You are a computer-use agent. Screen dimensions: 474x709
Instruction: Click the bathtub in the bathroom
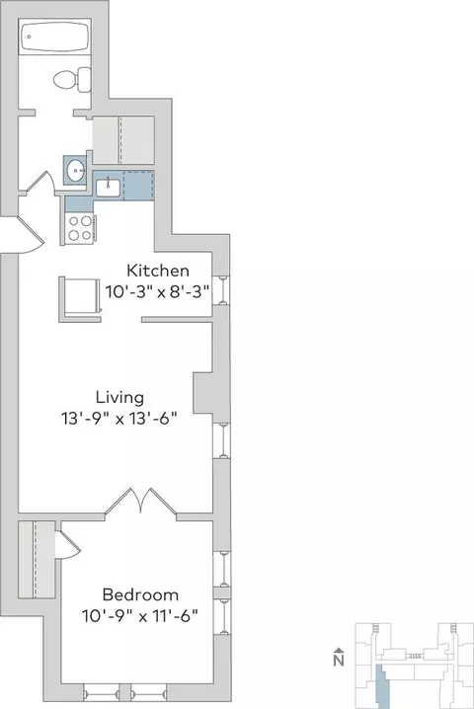pos(54,36)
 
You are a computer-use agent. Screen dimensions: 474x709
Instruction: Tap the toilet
pos(72,80)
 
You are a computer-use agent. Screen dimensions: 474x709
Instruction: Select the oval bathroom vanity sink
pos(75,170)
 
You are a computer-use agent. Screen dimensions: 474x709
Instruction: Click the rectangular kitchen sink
pos(108,188)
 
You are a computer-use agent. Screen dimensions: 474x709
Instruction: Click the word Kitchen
pos(157,271)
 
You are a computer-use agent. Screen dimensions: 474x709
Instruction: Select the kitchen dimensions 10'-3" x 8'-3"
pos(158,290)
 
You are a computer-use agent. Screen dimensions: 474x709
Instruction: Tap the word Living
pos(119,398)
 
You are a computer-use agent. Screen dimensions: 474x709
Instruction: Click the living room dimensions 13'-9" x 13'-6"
pos(118,419)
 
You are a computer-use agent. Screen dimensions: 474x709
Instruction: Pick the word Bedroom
pos(140,594)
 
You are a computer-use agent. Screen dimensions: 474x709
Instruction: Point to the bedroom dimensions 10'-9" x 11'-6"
pos(140,615)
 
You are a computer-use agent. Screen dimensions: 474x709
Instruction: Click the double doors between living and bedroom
pos(140,501)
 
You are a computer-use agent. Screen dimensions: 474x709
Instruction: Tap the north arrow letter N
pos(339,661)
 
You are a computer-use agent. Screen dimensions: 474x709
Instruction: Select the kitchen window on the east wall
pos(221,290)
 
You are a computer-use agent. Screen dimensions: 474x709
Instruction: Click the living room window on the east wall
pos(221,440)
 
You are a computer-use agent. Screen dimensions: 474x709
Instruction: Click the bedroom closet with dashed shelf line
pos(37,560)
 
